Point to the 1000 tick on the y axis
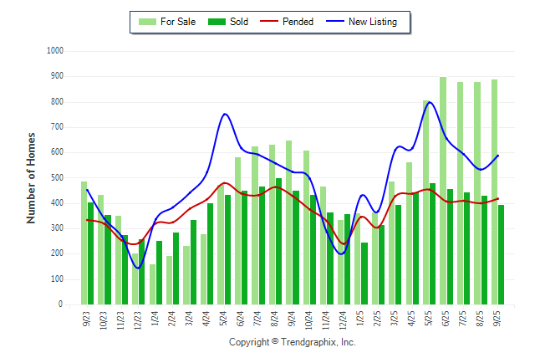click(x=55, y=51)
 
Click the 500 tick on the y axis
click(x=58, y=178)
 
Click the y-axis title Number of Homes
click(x=32, y=177)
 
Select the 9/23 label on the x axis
click(x=88, y=318)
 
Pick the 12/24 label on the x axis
click(x=344, y=320)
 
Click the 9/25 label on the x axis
click(x=497, y=318)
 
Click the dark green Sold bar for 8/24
click(x=278, y=242)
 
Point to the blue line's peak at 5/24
click(x=225, y=114)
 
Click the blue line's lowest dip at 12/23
click(x=139, y=268)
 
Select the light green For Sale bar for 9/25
click(x=494, y=192)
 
